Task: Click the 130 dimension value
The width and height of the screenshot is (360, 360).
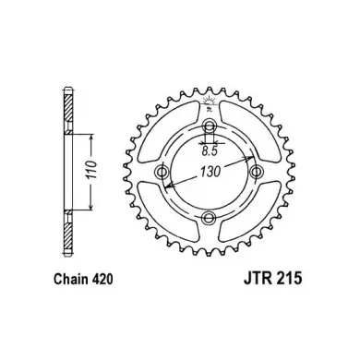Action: (210, 172)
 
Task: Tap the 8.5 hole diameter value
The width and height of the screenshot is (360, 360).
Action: (210, 151)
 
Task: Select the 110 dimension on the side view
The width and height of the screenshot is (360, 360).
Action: (92, 170)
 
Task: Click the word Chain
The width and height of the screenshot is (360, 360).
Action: (70, 279)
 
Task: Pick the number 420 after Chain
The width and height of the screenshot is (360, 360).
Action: (102, 279)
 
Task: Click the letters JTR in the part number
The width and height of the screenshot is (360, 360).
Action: (258, 279)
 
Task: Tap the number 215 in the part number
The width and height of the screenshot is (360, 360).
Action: (289, 279)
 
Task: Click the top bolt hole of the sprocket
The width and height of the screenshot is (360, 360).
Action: (210, 126)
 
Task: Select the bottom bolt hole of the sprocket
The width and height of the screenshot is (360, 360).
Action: (209, 218)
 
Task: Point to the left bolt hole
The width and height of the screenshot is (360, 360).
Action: (162, 172)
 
